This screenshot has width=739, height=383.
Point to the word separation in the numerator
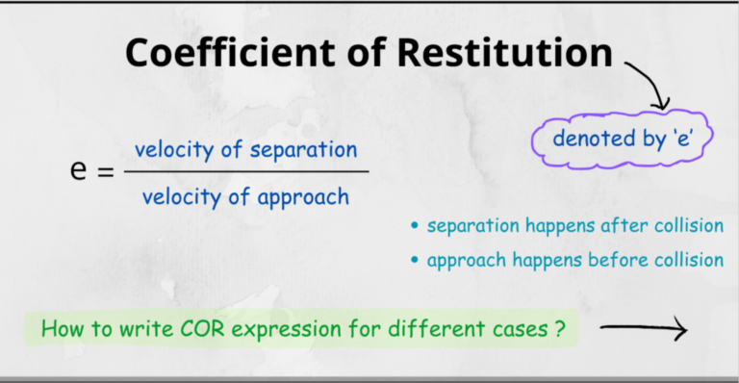[304, 150]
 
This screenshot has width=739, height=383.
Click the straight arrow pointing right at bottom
[644, 330]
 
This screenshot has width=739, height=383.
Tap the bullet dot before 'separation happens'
[415, 227]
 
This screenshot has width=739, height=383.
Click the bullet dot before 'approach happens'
[415, 260]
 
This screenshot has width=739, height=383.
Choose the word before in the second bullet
[621, 259]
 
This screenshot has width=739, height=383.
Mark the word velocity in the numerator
[171, 150]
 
